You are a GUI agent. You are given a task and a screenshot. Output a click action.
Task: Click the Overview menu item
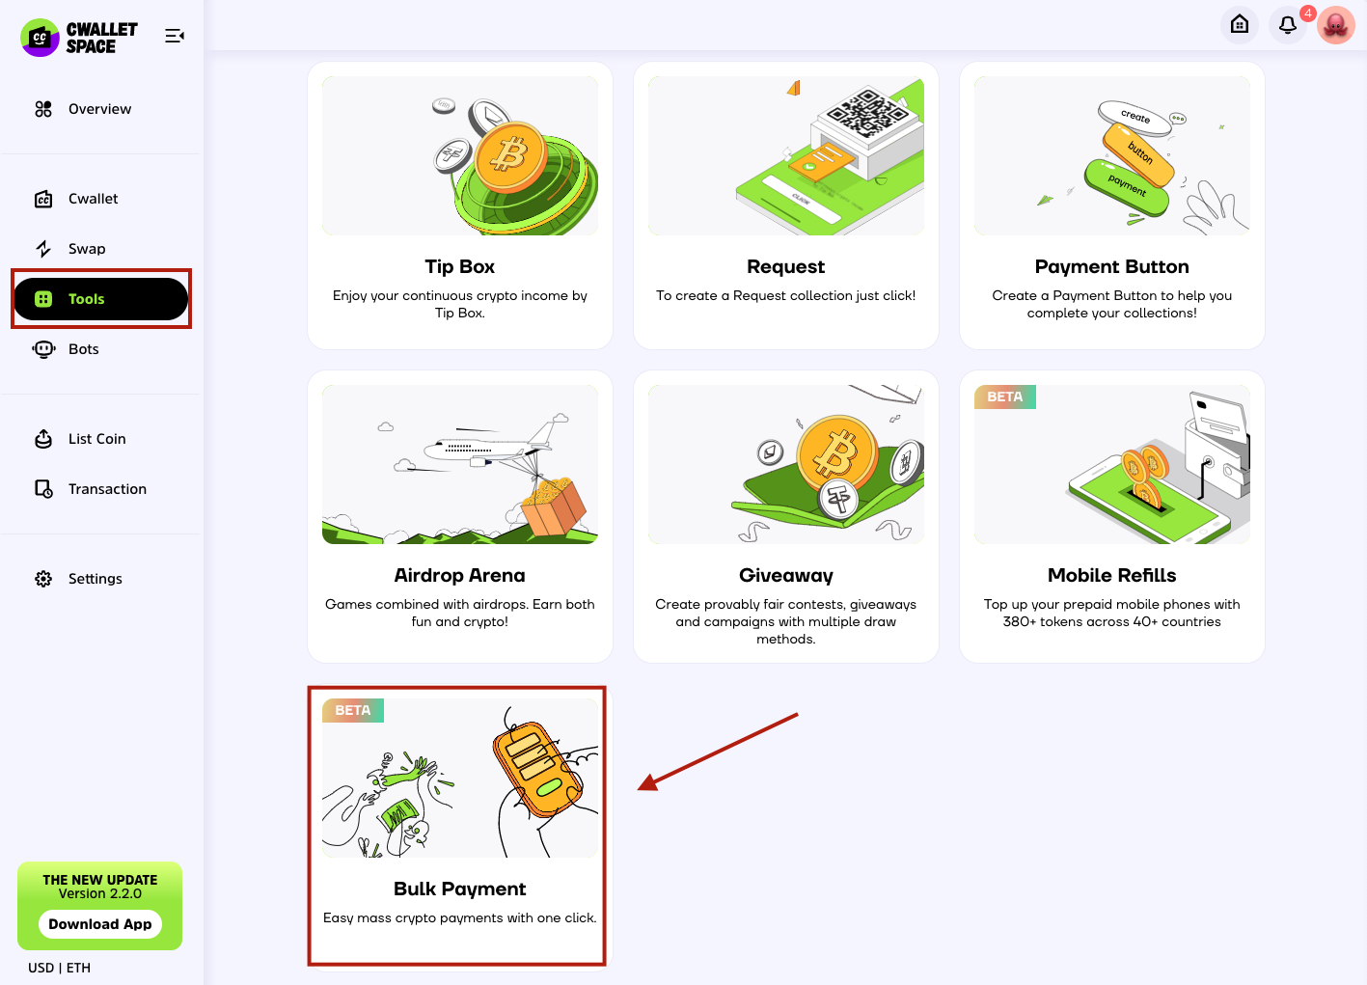click(82, 109)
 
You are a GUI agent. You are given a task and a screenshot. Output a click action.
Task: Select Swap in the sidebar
click(69, 248)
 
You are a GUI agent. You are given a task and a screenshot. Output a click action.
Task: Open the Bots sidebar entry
click(66, 349)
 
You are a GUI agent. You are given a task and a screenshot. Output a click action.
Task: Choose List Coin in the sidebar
click(80, 439)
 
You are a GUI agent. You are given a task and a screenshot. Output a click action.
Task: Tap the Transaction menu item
click(91, 489)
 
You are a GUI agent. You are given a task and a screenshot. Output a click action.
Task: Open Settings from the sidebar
click(78, 579)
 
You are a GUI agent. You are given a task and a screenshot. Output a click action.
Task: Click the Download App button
click(100, 924)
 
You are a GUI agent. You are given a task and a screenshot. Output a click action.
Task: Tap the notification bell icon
click(1288, 25)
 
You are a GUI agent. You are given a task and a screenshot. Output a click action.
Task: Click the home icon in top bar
click(1240, 25)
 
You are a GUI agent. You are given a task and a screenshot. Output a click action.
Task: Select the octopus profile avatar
click(1336, 25)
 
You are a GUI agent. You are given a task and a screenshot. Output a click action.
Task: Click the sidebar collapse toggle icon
click(175, 36)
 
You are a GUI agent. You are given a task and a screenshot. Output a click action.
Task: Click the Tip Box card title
click(459, 266)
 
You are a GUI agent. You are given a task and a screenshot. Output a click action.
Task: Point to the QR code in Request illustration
click(865, 112)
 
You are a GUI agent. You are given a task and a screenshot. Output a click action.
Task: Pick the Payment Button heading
click(1112, 266)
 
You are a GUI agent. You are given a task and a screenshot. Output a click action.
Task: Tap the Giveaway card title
click(786, 576)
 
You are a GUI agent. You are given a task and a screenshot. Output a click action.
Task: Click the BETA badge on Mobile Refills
click(1005, 397)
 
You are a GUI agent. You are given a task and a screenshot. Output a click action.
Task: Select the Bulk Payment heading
click(459, 889)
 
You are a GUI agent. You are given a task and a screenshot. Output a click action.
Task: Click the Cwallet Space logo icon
click(40, 38)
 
